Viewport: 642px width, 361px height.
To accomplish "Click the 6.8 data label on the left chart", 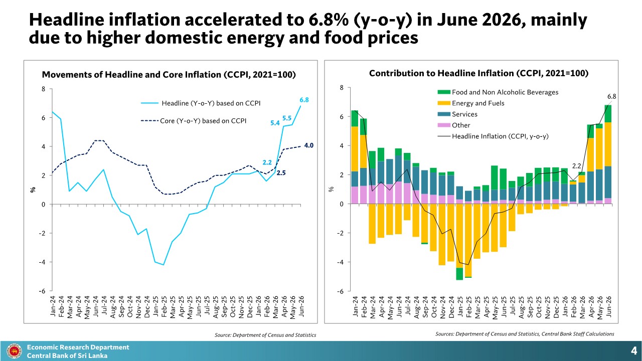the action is tap(304, 100).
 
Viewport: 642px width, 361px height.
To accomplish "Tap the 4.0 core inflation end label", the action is tap(308, 145).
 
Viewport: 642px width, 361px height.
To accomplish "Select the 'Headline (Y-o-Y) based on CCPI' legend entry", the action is tap(201, 103).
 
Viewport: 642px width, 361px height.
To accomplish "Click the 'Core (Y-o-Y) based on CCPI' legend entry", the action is tap(194, 121).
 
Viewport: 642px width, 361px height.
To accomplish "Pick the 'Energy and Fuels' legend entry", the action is tap(471, 103).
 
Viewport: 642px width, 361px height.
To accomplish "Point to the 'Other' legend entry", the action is tap(454, 125).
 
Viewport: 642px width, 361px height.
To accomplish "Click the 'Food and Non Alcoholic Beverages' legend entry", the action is tap(498, 92).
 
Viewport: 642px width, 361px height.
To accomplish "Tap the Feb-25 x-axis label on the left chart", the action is tap(164, 307).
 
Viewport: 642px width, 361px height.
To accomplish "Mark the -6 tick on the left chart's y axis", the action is tap(42, 291).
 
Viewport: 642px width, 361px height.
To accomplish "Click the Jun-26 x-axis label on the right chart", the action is tap(609, 307).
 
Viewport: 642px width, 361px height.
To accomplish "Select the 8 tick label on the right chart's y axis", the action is tap(342, 88).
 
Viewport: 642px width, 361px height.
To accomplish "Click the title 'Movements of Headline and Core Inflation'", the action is tap(131, 75).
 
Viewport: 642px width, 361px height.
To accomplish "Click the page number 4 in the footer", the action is tap(633, 351).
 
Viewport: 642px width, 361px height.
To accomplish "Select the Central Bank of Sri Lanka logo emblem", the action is tap(14, 351).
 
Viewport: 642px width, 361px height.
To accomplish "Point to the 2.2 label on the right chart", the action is tap(576, 166).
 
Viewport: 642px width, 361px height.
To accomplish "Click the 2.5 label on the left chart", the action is tap(281, 173).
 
